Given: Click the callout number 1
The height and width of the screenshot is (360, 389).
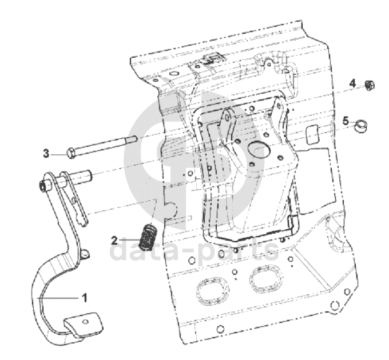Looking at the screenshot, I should point(84,297).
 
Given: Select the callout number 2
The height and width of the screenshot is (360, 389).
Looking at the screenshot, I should point(114,239).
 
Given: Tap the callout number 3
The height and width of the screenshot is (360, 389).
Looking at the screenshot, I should point(46,153).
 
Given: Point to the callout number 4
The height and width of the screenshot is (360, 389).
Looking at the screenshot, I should point(353,83).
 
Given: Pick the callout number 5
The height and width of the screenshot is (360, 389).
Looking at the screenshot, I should point(346,121).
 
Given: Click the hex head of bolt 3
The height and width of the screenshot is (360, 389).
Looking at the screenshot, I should point(71,153).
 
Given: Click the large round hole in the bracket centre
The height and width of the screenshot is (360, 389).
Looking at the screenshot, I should point(258,150).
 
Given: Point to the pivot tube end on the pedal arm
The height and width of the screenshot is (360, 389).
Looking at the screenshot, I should point(43,186).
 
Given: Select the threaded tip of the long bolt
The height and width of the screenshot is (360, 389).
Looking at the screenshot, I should point(132,138).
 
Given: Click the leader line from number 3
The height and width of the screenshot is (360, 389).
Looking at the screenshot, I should point(59,153).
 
